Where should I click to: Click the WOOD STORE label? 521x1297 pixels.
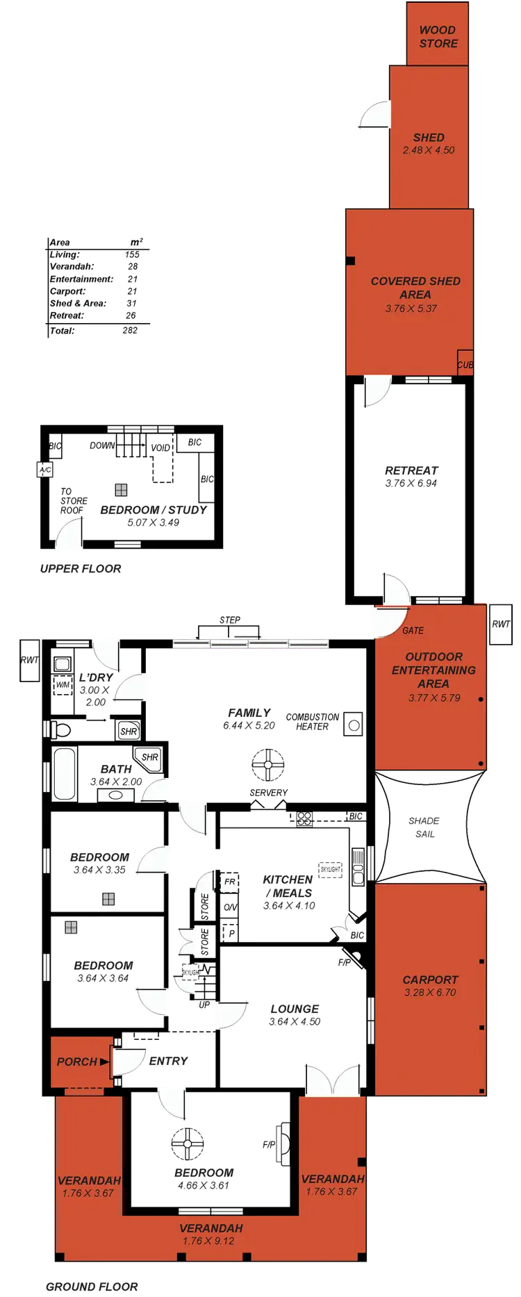[x=438, y=37]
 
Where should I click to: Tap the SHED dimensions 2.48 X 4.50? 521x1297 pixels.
[x=429, y=150]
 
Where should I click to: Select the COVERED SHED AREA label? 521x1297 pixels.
[x=415, y=288]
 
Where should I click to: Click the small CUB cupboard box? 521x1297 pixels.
[x=465, y=365]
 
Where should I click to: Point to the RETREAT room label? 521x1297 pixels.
[x=411, y=471]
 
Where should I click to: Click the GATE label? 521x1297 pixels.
[x=413, y=631]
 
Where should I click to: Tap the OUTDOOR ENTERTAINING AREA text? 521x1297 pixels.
[x=433, y=670]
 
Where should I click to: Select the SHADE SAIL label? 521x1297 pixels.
[x=424, y=827]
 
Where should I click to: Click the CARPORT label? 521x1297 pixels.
[x=430, y=980]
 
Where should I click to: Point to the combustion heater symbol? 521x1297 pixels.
[x=354, y=723]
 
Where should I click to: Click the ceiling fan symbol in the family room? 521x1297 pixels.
[x=267, y=765]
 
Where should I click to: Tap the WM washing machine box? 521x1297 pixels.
[x=63, y=685]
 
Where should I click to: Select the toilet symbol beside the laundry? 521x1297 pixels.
[x=60, y=730]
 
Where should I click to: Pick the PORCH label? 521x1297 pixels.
[x=77, y=1061]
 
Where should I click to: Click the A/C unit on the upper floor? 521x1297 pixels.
[x=45, y=470]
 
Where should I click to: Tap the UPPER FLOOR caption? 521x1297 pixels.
[x=81, y=568]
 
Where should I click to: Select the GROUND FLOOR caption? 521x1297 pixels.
[x=92, y=1287]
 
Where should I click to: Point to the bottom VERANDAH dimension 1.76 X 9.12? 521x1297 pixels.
[x=208, y=1241]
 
